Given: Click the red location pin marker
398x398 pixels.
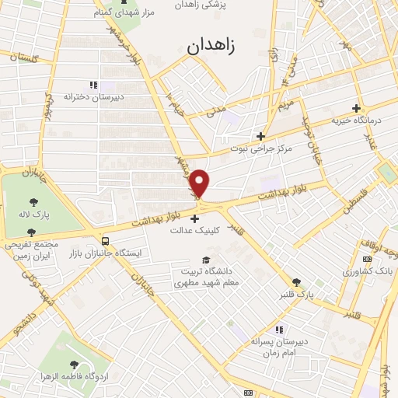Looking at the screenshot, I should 201,183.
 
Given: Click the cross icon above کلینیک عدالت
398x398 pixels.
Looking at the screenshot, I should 194,218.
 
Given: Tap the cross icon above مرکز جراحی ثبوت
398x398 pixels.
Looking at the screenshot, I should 261,135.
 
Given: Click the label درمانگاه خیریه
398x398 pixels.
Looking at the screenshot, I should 357,120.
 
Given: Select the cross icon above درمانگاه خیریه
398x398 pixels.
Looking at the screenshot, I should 357,108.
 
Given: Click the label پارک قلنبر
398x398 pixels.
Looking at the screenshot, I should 296,295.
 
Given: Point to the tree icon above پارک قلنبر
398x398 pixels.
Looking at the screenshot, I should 296,283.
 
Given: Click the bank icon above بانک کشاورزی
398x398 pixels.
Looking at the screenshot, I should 367,260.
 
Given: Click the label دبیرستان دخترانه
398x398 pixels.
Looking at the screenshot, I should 94,97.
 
